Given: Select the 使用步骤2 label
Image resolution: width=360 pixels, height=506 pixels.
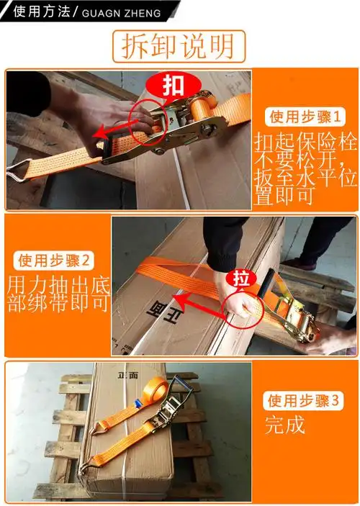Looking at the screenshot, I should point(56,260).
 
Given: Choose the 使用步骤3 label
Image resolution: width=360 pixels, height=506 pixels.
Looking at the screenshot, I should point(302,400).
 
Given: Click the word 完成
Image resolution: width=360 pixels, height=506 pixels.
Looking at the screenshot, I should point(284,425).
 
